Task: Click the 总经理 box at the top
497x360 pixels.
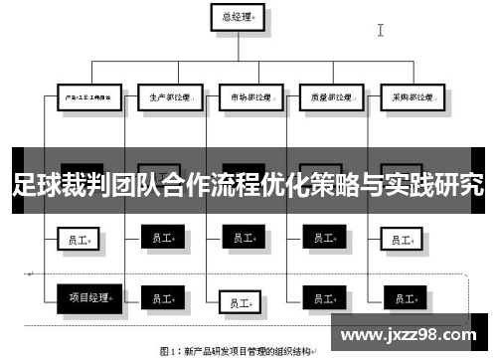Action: pos(238,17)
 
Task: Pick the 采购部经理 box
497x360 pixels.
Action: pos(406,97)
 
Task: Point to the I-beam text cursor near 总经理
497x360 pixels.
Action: pos(381,30)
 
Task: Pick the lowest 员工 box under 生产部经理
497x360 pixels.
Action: pos(162,297)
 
